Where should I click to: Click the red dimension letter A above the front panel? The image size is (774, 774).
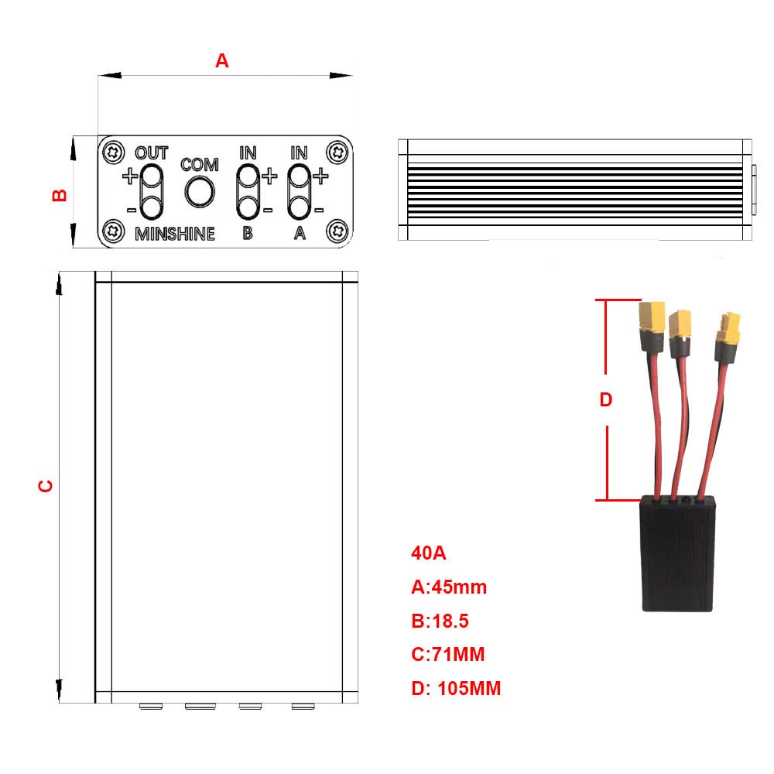point(222,61)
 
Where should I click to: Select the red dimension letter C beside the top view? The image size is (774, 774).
point(46,486)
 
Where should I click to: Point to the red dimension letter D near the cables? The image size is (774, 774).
point(606,400)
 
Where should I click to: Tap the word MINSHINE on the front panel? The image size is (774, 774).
point(175,234)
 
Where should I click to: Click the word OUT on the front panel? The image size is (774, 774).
point(152,152)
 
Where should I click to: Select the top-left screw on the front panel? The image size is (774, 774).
point(115,151)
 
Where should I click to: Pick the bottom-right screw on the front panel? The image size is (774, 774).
point(337,231)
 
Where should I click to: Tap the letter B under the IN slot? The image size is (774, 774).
point(248,234)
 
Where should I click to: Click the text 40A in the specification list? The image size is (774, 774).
point(428,553)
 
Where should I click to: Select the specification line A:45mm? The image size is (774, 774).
point(449,587)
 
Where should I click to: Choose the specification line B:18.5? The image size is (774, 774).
point(440,621)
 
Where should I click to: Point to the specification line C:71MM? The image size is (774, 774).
point(447,655)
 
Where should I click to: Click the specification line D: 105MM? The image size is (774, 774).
point(456,688)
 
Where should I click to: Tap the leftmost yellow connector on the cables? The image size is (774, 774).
point(650,317)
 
